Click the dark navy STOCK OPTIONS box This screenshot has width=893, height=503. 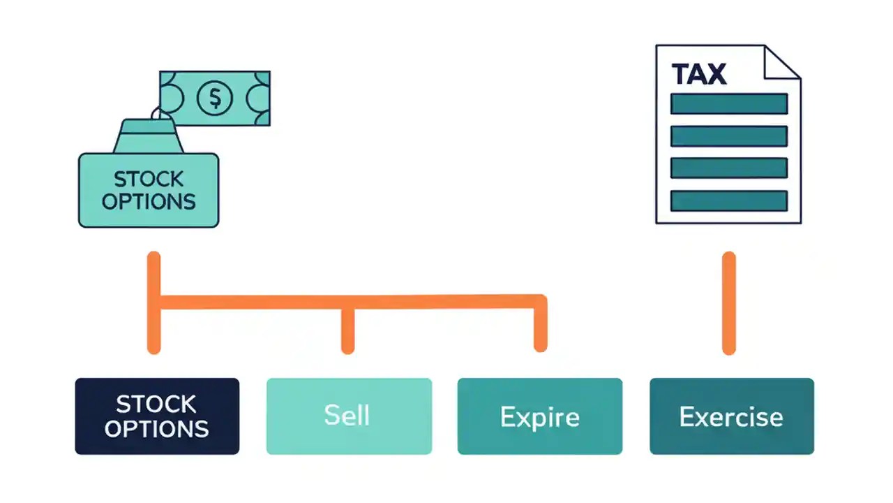coord(157,416)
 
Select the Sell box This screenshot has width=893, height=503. coord(349,416)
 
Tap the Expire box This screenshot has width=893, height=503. coord(539,416)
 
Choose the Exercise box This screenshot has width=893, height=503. coord(731,416)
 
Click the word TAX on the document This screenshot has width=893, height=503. coord(698,74)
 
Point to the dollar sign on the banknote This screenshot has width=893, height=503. coord(214,99)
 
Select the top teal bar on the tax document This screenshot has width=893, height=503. coord(728,104)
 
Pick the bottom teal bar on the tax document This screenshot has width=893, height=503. coord(728,201)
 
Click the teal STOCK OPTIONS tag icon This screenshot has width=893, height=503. coord(149,190)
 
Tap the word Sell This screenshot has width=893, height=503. coord(347,416)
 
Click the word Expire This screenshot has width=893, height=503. coord(539,417)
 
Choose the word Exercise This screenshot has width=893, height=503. coord(730,417)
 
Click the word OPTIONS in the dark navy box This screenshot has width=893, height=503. coord(157,428)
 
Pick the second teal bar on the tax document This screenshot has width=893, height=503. coord(728,136)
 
